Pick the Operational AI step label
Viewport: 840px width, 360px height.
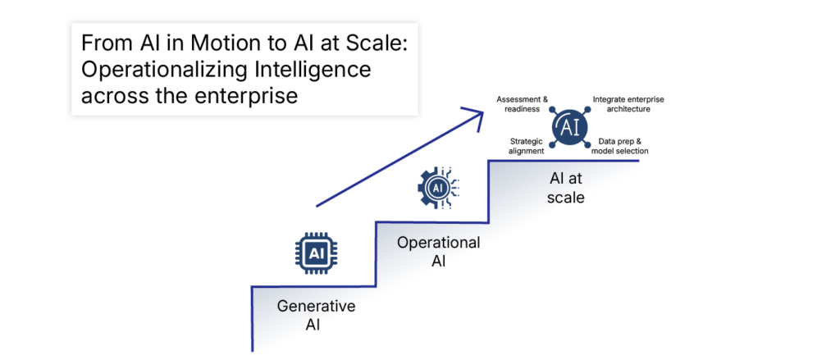point(438,252)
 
